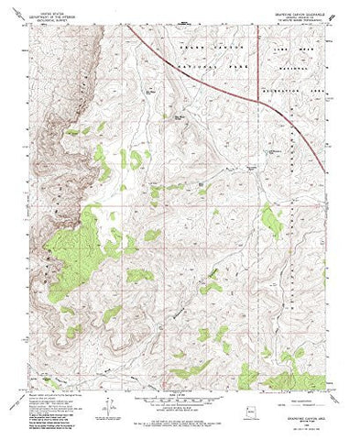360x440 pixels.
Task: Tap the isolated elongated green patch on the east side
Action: (x=271, y=222)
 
